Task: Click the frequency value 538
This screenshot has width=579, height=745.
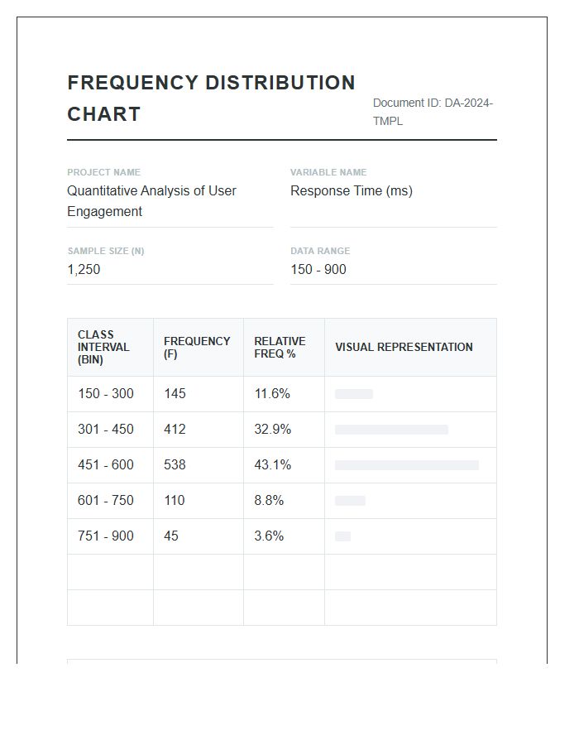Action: [175, 465]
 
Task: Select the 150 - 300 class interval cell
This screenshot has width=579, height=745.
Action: [106, 394]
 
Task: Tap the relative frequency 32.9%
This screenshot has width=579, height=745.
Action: [272, 430]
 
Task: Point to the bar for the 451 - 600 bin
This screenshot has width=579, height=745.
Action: [406, 465]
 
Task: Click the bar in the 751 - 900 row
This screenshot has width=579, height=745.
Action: [342, 536]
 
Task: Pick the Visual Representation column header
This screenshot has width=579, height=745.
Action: [404, 348]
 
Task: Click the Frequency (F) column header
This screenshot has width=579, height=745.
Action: [197, 348]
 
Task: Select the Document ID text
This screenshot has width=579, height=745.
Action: [433, 112]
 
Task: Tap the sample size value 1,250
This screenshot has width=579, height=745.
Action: [84, 270]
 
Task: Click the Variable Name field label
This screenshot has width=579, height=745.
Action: [328, 172]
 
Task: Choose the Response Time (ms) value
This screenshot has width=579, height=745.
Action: [351, 191]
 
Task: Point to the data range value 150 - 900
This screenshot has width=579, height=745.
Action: [318, 270]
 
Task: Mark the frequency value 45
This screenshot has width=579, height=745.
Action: [171, 536]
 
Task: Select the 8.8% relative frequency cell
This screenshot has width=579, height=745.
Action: [269, 501]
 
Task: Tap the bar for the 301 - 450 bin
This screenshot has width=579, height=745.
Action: [391, 430]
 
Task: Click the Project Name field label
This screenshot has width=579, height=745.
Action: [103, 172]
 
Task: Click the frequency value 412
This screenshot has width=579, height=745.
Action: [175, 430]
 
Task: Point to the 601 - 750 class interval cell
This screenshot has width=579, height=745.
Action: [106, 501]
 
